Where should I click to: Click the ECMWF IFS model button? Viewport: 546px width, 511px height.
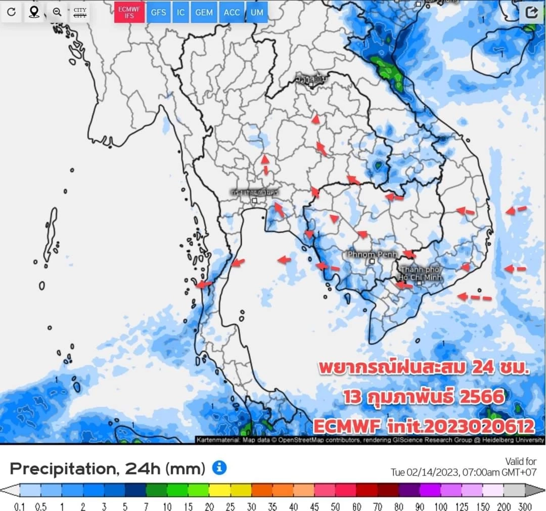(129, 13)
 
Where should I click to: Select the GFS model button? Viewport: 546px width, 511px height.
(158, 13)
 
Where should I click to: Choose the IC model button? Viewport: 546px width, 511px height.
(180, 13)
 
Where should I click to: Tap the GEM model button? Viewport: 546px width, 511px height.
(204, 13)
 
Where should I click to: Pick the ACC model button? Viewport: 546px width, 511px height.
(232, 13)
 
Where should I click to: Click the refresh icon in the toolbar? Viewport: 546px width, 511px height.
(11, 12)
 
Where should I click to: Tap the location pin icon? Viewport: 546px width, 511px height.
(34, 12)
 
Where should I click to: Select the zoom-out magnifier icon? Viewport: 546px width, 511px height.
(57, 12)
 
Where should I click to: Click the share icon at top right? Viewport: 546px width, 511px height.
(531, 12)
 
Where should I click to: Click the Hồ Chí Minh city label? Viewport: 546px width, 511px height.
(420, 274)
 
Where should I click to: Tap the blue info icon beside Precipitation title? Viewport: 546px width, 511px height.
(219, 468)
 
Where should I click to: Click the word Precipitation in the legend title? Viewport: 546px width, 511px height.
(61, 469)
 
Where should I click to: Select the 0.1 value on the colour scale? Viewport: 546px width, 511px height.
(20, 506)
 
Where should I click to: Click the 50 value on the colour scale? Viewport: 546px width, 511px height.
(335, 506)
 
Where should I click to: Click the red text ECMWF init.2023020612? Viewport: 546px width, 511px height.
(424, 425)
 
